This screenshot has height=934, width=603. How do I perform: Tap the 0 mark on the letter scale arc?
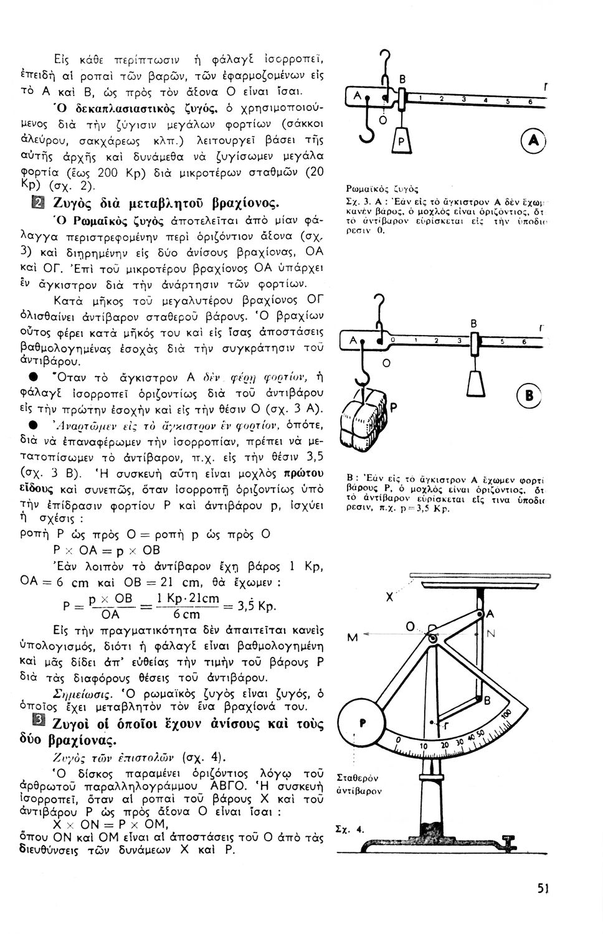(x=397, y=739)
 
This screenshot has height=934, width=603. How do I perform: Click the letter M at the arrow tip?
(x=353, y=637)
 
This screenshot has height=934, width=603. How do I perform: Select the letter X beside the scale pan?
(x=391, y=597)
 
